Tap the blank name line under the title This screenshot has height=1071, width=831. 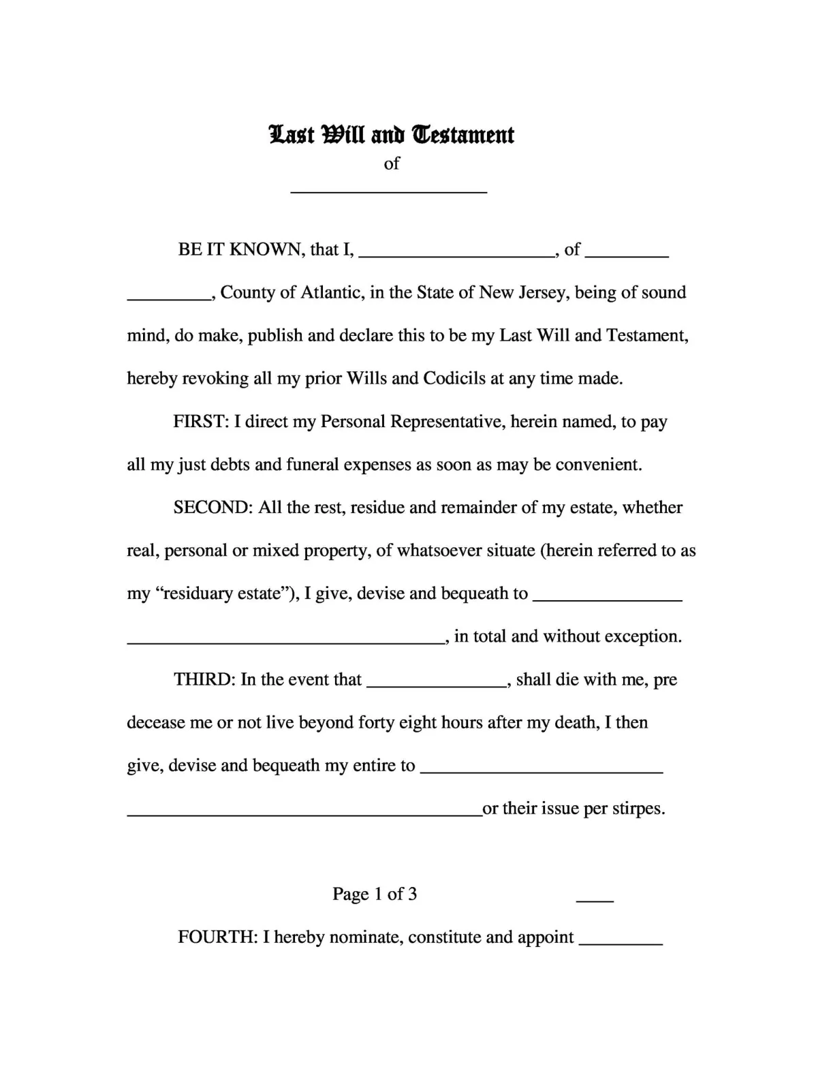[x=389, y=191]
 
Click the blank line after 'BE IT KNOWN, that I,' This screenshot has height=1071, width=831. [x=456, y=255]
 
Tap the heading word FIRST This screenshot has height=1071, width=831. [x=200, y=421]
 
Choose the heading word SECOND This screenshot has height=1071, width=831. [x=213, y=507]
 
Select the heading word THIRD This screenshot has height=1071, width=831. [x=204, y=679]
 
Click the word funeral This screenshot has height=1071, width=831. [x=312, y=465]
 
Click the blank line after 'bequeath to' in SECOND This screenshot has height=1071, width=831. [x=607, y=599]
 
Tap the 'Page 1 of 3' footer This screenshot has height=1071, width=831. [x=375, y=894]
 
